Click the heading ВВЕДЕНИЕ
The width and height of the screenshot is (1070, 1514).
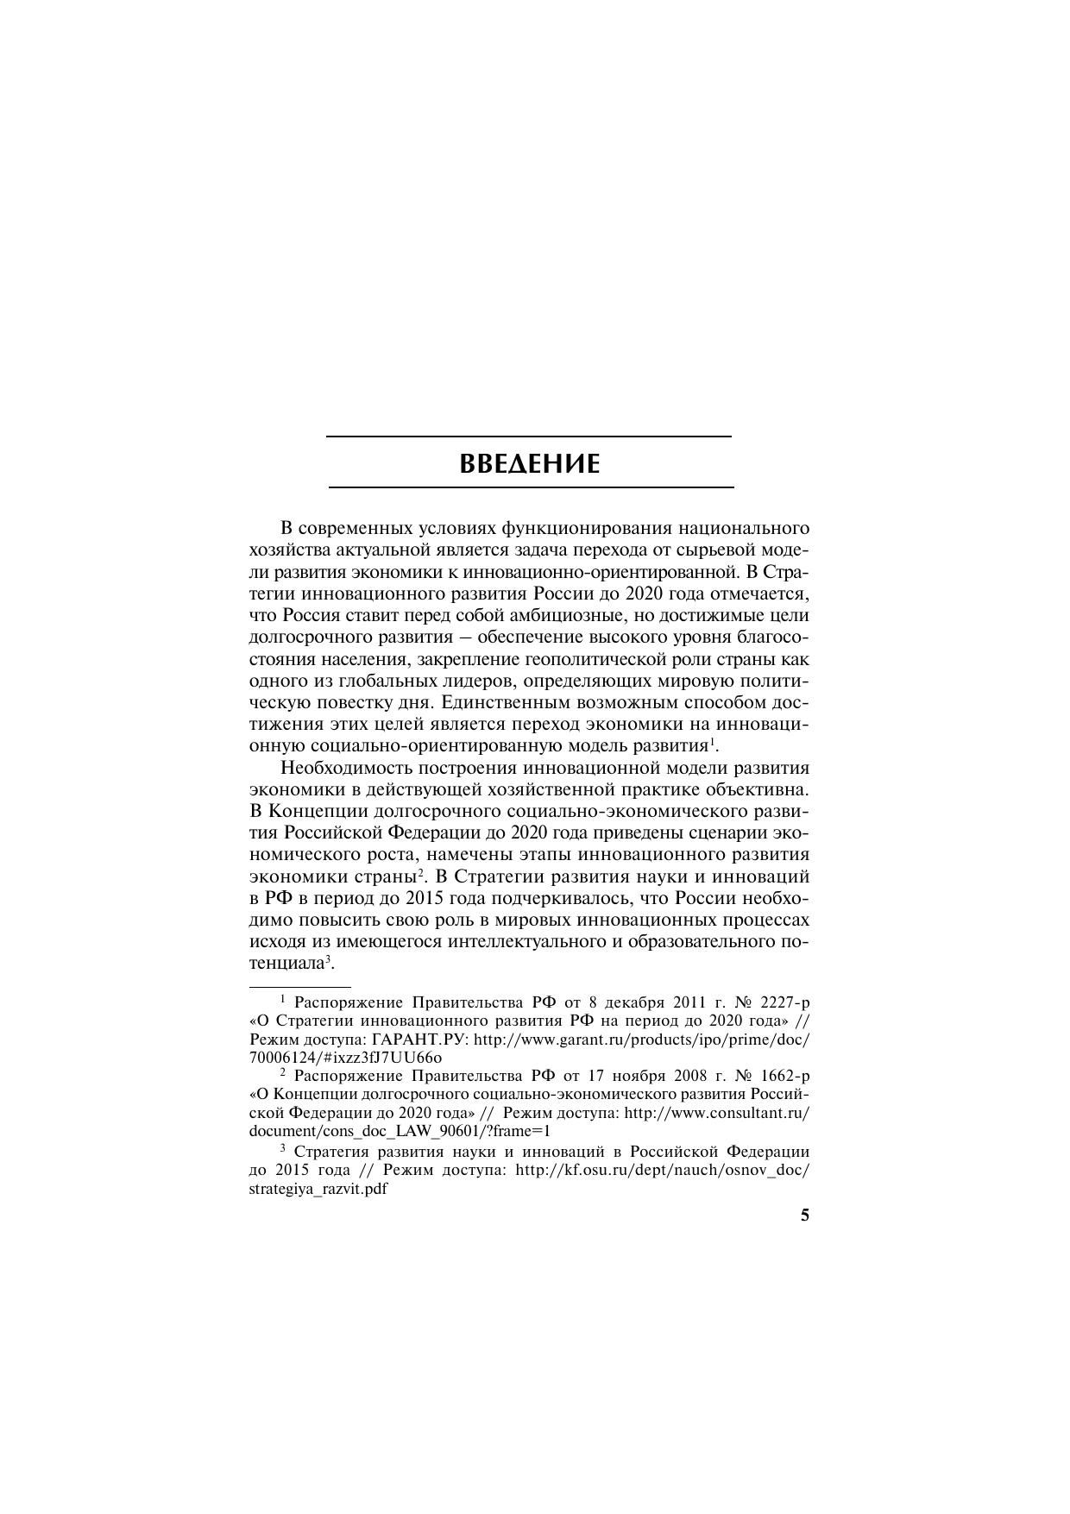tap(529, 464)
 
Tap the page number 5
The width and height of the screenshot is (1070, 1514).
tap(804, 1216)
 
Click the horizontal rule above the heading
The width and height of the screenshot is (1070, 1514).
tap(528, 437)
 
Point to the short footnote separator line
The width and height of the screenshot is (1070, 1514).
tap(299, 985)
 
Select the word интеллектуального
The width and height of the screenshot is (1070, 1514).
tap(527, 941)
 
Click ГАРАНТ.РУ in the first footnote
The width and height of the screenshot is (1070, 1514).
tap(423, 1040)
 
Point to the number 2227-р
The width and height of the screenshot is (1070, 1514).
tap(784, 1002)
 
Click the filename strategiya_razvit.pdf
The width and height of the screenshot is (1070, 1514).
tap(318, 1189)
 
